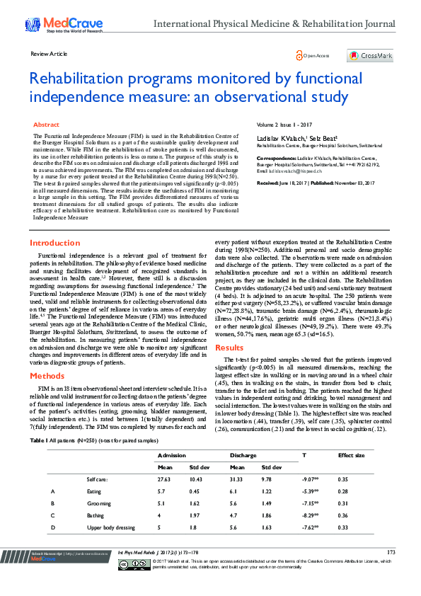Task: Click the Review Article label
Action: (x=49, y=54)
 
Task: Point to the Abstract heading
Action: (x=47, y=124)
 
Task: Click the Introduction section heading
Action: (x=54, y=243)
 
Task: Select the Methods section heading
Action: (x=47, y=377)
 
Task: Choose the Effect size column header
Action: (x=351, y=455)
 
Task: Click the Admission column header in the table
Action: (x=172, y=455)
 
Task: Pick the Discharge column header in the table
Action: (x=243, y=455)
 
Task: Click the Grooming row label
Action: (x=99, y=503)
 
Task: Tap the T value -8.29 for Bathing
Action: (x=310, y=515)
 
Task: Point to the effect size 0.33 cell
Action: (x=344, y=527)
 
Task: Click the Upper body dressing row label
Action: (x=110, y=527)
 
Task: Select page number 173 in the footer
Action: (x=391, y=551)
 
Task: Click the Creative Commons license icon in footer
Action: (x=132, y=563)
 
